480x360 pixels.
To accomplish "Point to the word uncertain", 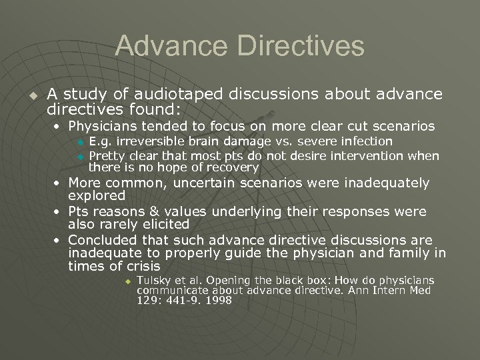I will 201,183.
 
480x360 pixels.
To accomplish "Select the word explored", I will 97,195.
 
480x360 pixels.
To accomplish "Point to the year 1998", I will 219,301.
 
